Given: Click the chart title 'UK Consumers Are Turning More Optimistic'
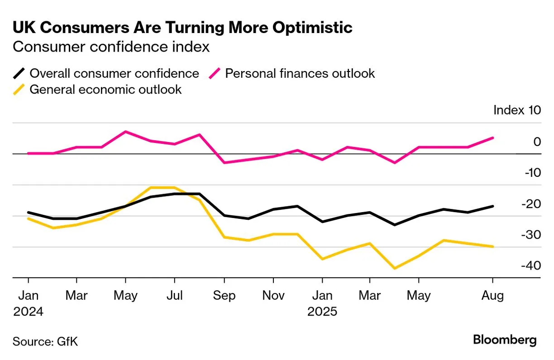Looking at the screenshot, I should (x=182, y=28).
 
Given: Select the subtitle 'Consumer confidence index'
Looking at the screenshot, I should (x=111, y=47).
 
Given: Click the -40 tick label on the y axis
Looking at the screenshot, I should (x=530, y=265).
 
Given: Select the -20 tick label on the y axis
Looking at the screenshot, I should (x=530, y=204).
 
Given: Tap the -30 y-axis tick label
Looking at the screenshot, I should (x=530, y=235).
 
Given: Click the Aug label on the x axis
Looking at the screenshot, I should (x=492, y=296).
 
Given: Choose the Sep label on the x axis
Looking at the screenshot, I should (x=224, y=296).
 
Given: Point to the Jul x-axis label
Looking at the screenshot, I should (x=175, y=296).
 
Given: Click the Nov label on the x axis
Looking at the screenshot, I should (x=273, y=296).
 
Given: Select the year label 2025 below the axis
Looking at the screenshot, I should (x=322, y=312).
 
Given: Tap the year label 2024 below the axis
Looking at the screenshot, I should (x=28, y=312).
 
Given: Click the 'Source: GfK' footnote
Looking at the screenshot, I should (x=45, y=341).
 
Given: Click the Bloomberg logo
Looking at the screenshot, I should (x=505, y=340).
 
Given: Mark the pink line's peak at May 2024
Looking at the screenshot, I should (x=125, y=132).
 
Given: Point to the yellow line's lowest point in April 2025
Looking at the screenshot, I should (x=395, y=268).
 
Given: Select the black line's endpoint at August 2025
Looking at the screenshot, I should (x=492, y=206).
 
